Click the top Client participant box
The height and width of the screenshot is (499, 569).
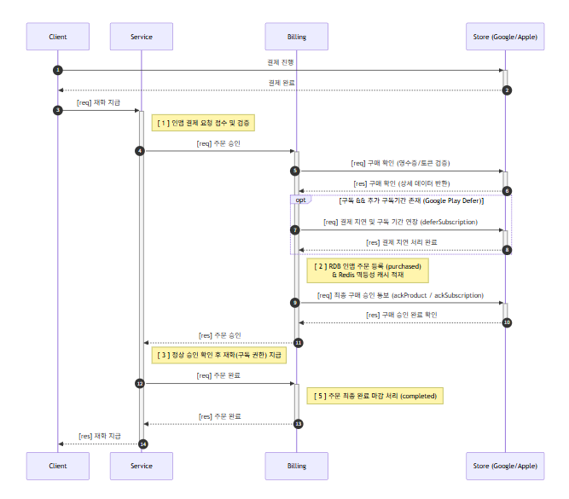pos(58,37)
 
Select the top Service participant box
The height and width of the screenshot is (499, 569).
pos(142,37)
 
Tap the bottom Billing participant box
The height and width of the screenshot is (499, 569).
pos(297,466)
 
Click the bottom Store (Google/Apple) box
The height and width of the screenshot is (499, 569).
pos(505,466)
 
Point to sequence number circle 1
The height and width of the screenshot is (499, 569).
pos(58,70)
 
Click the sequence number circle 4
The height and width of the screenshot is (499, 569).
pos(140,151)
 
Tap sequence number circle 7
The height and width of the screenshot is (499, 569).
pos(295,230)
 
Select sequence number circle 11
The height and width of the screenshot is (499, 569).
pos(299,343)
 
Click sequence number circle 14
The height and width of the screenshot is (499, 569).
pos(143,444)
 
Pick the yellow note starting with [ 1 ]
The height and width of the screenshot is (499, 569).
pos(203,123)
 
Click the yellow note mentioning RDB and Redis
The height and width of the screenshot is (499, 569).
pos(368,270)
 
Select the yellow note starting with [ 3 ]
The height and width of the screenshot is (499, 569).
pos(219,355)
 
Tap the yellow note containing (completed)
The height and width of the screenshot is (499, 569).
pos(374,396)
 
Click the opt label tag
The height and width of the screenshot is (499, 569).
pos(300,200)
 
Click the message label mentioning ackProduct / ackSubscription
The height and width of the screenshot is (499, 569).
pos(401,295)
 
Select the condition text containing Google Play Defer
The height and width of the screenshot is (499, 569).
pos(411,200)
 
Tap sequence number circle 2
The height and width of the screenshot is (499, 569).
pos(507,90)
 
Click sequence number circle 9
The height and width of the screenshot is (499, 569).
pos(295,303)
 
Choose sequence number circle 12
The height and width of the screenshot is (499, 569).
pos(140,384)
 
